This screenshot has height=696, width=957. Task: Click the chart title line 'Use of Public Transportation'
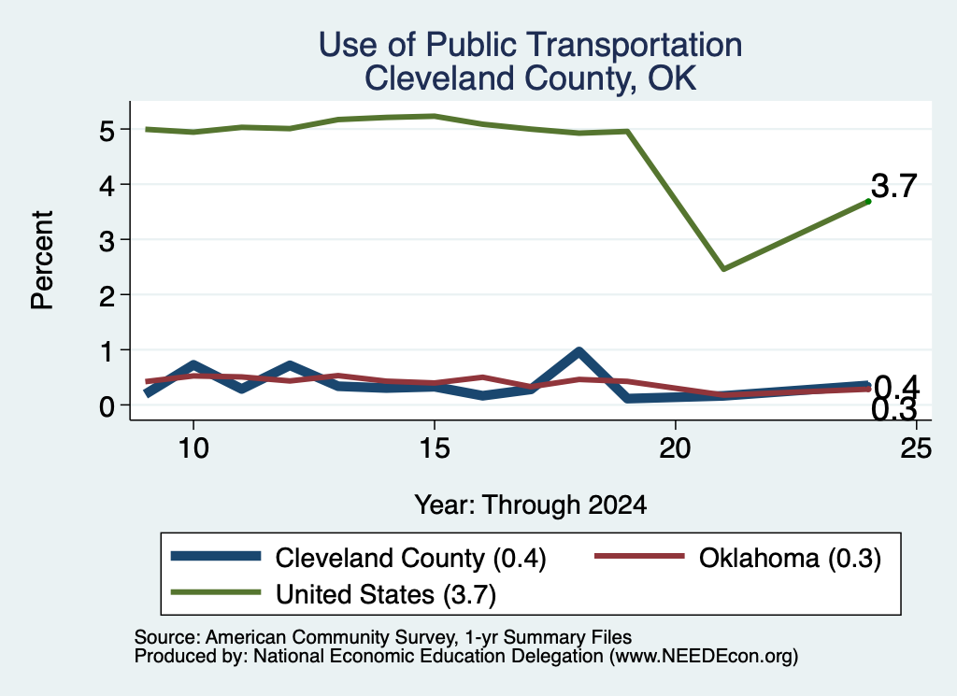(531, 46)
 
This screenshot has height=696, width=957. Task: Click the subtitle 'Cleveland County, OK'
(531, 78)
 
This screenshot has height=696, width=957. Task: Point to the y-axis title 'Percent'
(42, 261)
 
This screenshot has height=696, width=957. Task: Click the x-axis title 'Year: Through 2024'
(531, 505)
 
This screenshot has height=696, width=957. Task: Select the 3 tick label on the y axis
(107, 241)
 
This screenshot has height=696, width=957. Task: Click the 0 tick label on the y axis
(107, 406)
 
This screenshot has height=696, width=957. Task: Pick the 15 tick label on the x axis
(435, 449)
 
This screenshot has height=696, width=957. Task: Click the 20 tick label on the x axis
(675, 449)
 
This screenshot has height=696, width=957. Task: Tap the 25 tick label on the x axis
(916, 449)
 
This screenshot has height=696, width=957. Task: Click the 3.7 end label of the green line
(894, 186)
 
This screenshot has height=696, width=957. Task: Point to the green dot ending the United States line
(868, 201)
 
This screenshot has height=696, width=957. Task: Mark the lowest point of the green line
(723, 268)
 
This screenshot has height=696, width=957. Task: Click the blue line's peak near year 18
(578, 351)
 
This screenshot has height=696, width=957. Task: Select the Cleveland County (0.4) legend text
(411, 558)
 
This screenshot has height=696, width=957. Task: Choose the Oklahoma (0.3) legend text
(790, 558)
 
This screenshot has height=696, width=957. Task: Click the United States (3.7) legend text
(386, 594)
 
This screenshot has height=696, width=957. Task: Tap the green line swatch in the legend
(216, 591)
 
